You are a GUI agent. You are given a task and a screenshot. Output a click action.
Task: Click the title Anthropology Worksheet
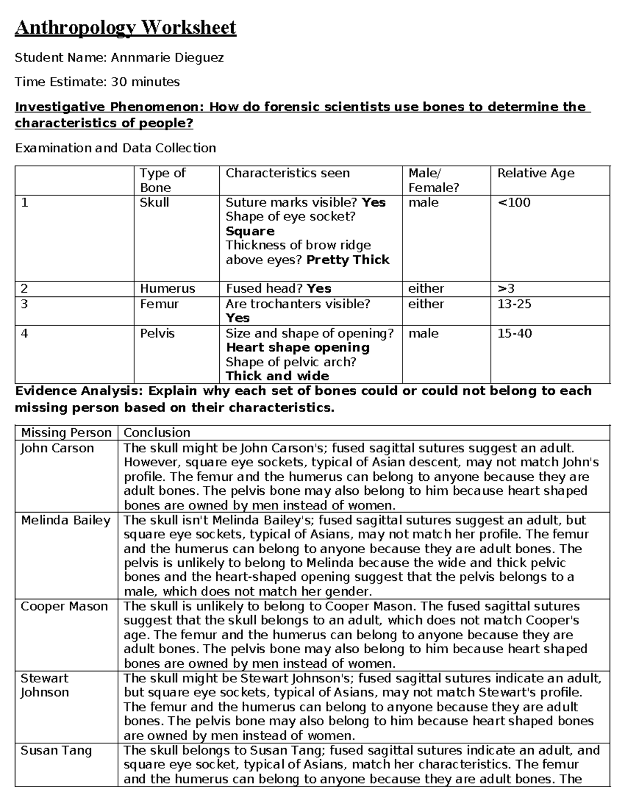126,27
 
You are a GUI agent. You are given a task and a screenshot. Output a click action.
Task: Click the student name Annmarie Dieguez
167,57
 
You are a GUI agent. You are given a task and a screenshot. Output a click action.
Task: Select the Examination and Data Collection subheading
115,148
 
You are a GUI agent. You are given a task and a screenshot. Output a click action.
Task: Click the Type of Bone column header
162,180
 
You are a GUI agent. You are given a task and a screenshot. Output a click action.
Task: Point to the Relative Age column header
535,173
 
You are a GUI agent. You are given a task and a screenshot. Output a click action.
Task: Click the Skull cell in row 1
154,203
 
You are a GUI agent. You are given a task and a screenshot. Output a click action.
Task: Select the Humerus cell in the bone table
167,289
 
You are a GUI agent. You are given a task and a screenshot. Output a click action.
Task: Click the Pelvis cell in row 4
157,333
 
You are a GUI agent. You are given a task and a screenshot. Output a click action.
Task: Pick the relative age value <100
514,203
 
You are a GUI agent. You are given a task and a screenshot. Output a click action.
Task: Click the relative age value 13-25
514,304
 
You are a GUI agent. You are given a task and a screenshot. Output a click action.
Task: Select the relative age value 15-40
514,333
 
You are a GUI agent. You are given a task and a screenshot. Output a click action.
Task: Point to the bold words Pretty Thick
348,260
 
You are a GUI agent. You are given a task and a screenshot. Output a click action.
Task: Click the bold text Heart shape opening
297,347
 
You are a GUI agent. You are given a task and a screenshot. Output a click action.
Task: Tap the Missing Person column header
66,433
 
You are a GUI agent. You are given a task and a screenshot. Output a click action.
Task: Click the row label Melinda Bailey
66,520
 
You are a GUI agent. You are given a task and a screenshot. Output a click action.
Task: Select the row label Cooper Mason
64,606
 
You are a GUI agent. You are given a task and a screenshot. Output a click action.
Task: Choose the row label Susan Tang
56,751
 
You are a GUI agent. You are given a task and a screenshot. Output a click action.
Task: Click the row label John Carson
57,449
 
